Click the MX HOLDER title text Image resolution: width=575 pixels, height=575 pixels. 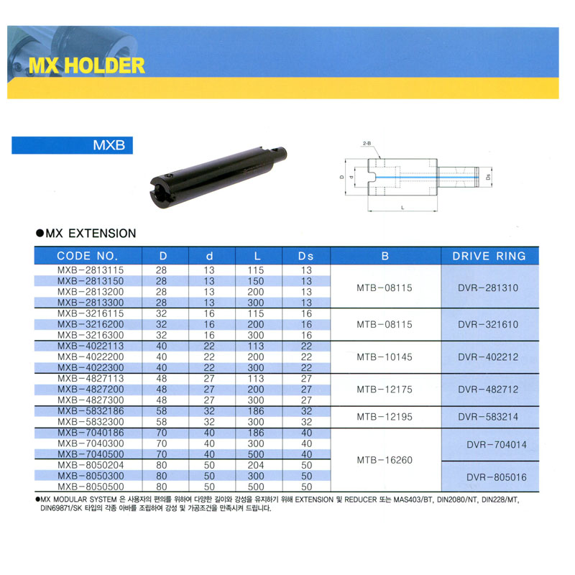tap(86, 65)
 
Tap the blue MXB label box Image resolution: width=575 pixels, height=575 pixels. tap(73, 145)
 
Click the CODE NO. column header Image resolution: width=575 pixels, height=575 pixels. tap(87, 256)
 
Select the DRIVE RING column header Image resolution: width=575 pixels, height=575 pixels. tap(489, 256)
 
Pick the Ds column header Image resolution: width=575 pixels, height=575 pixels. tap(306, 256)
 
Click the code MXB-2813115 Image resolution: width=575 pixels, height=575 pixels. tap(91, 270)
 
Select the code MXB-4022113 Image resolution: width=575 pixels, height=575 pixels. tap(91, 346)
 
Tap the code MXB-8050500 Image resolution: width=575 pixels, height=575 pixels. tap(91, 487)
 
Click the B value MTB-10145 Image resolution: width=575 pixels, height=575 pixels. tap(385, 356)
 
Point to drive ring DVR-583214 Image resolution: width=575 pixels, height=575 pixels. tap(488, 417)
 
